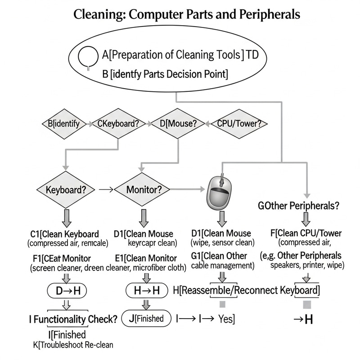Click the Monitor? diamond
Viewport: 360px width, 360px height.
pos(144,189)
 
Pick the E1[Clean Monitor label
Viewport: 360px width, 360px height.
pos(145,258)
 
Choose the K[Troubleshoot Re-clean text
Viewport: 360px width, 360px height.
pos(73,345)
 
